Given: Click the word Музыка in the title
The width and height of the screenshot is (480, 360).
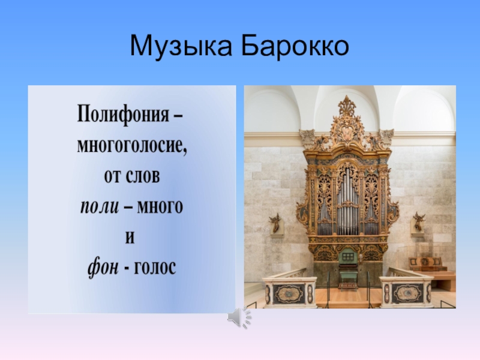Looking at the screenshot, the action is (x=181, y=47).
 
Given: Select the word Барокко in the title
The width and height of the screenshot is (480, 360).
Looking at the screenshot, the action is (x=295, y=46).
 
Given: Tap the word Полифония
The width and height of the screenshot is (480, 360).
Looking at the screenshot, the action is (x=123, y=115).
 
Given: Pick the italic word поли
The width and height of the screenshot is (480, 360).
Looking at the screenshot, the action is (x=100, y=206).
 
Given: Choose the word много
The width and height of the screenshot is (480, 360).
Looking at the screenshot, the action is (x=160, y=206).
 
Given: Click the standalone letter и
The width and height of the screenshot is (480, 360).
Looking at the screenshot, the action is (x=130, y=237).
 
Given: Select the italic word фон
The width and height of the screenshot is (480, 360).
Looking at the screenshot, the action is (x=103, y=268).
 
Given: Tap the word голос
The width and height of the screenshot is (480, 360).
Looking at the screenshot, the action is (x=154, y=268).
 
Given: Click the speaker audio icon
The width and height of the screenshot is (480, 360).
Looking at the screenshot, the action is (x=239, y=317).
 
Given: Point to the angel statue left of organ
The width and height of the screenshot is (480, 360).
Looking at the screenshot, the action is (x=275, y=223).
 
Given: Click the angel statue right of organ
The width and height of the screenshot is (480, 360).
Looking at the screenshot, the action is (x=418, y=221).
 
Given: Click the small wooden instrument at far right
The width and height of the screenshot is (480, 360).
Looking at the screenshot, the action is (x=425, y=263).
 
